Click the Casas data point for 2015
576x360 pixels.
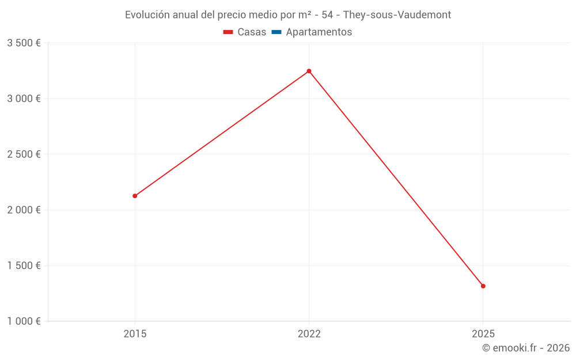click(135, 196)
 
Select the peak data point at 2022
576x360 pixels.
click(309, 71)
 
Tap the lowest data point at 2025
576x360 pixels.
click(483, 286)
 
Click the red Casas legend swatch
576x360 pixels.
click(228, 32)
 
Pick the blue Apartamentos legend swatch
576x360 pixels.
click(276, 32)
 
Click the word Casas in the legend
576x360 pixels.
click(252, 32)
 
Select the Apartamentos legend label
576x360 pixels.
click(319, 32)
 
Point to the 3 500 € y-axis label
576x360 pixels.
click(24, 43)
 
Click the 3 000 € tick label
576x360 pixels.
click(24, 98)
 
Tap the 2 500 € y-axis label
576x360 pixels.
click(24, 154)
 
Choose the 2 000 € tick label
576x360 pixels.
click(24, 210)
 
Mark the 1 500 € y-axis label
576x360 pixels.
click(24, 266)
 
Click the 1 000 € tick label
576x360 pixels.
click(24, 321)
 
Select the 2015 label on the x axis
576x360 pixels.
click(135, 334)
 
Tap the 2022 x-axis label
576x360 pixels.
click(309, 334)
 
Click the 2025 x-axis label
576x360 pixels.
click(483, 334)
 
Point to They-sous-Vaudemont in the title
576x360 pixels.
click(397, 14)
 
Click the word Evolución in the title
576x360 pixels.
click(147, 14)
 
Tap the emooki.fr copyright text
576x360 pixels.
click(526, 348)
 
